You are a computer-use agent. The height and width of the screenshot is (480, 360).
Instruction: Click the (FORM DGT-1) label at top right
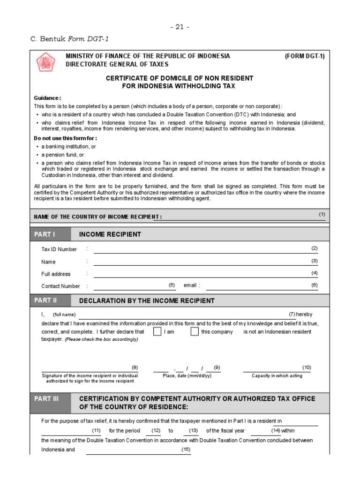point(305,56)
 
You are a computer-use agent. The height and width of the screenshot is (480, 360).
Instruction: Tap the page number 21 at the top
point(180,27)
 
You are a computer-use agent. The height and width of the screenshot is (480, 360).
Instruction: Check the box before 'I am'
point(157,332)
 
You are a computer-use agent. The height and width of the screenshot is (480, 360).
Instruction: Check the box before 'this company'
point(195,332)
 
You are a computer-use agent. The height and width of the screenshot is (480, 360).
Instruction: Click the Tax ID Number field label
point(59,249)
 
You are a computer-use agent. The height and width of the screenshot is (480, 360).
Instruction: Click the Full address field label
point(56,274)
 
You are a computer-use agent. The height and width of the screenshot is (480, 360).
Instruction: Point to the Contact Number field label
point(60,286)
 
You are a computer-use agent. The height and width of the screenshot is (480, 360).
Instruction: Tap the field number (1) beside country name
point(322,214)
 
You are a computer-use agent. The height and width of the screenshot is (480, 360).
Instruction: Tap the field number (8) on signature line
point(135,367)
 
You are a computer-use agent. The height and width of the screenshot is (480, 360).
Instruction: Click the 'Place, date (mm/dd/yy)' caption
point(187,376)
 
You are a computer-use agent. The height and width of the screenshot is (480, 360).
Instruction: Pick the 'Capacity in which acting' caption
point(277,376)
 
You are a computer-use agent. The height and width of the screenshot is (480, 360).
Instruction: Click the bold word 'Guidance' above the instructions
point(47,98)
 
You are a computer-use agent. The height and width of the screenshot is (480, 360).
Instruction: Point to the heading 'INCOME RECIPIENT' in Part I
point(110,234)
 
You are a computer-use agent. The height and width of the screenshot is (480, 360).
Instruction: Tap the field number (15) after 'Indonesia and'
point(186,450)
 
